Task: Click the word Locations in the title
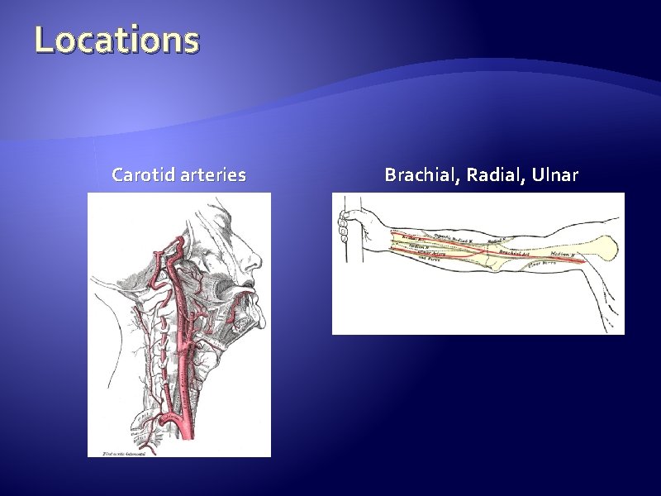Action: pos(117,41)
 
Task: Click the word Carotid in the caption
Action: pos(139,175)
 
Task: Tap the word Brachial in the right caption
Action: pos(422,175)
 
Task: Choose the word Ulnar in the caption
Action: pos(556,175)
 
